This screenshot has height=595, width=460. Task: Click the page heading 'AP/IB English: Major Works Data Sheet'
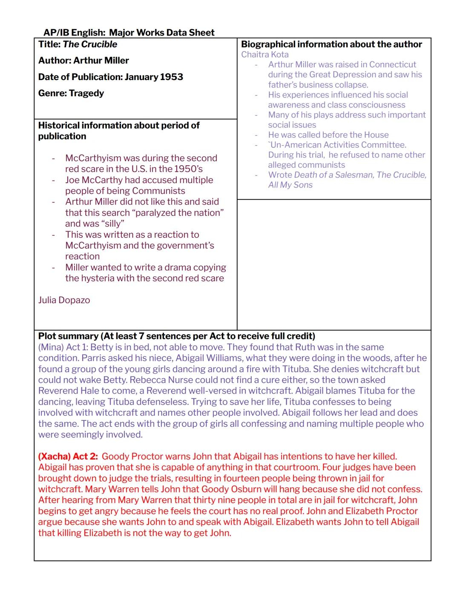click(129, 33)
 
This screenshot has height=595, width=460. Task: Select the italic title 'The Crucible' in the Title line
click(90, 44)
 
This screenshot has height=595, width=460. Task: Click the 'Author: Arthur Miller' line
click(83, 60)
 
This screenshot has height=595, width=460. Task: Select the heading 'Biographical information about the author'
click(331, 44)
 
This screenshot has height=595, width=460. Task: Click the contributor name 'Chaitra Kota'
click(264, 55)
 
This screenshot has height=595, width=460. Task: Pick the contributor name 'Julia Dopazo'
click(64, 300)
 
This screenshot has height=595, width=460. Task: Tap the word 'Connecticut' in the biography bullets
click(392, 65)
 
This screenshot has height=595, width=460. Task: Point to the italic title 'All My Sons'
click(290, 185)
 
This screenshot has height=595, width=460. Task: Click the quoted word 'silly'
click(112, 224)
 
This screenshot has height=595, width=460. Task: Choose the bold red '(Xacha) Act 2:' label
click(68, 457)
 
